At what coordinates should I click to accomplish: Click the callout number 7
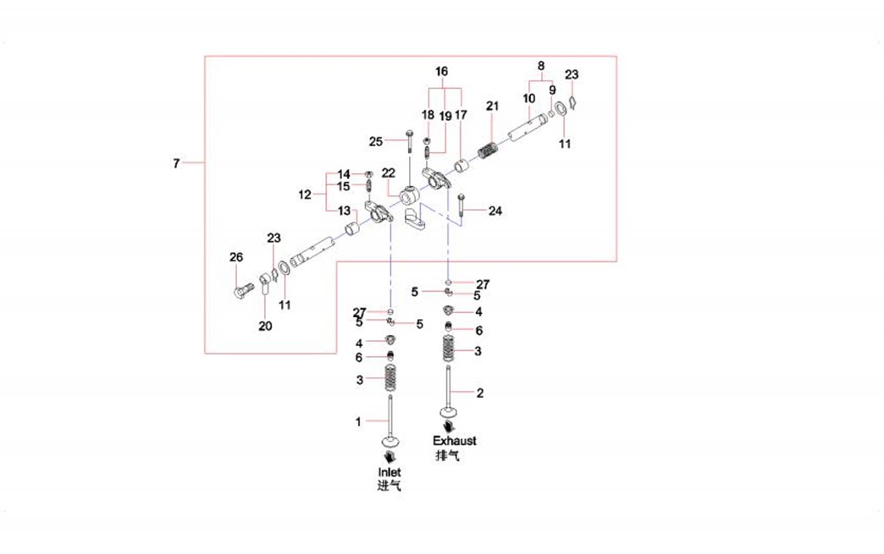pos(176,163)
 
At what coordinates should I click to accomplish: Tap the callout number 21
pos(493,106)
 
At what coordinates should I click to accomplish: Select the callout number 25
pos(376,142)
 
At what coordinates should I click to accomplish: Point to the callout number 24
pos(495,211)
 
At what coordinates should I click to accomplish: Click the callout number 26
pos(236,257)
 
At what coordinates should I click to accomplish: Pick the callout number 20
pos(265,326)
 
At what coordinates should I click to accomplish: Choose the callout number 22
pos(389,173)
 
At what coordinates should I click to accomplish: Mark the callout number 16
pos(441,72)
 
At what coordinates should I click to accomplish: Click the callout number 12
pos(305,195)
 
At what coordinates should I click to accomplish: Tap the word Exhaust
pos(455,441)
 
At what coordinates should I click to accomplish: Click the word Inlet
pos(390,472)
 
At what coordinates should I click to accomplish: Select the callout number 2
pos(480,393)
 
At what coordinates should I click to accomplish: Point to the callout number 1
pos(358,422)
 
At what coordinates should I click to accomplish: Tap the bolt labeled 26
pos(242,292)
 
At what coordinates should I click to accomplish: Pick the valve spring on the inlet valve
pos(389,378)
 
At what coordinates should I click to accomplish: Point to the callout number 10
pos(529,98)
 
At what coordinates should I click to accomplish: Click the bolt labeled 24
pos(461,208)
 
